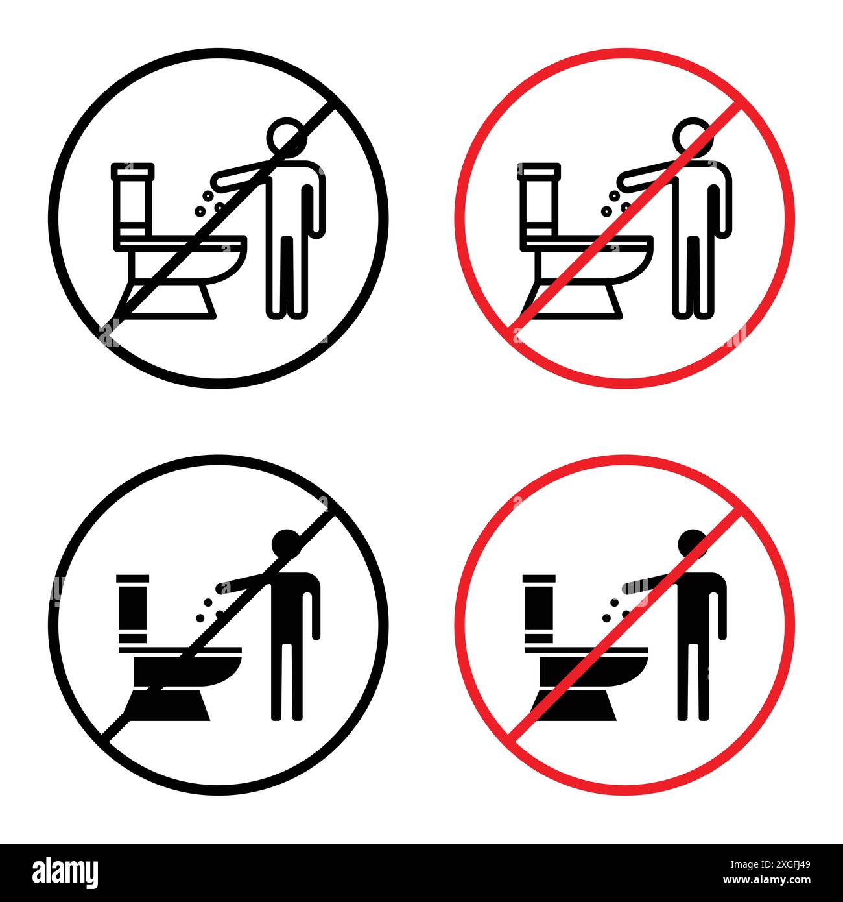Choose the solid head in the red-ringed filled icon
tap(693, 544)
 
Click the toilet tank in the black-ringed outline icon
tap(133, 204)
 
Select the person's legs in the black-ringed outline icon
tap(285, 276)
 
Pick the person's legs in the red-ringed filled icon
tap(691, 681)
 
